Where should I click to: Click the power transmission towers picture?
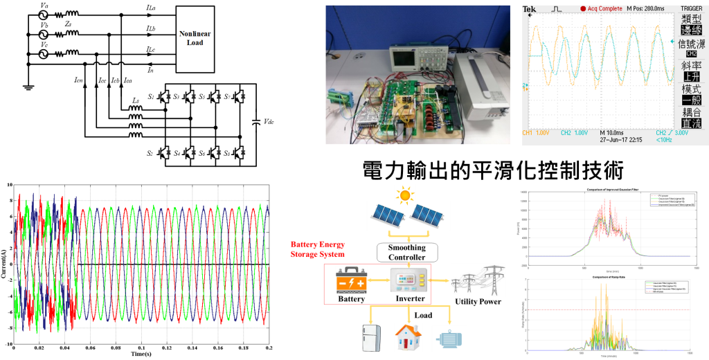click(x=478, y=280)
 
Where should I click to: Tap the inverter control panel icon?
click(x=408, y=280)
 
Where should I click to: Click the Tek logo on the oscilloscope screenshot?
click(x=529, y=9)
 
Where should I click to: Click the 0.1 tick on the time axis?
click(x=141, y=348)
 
